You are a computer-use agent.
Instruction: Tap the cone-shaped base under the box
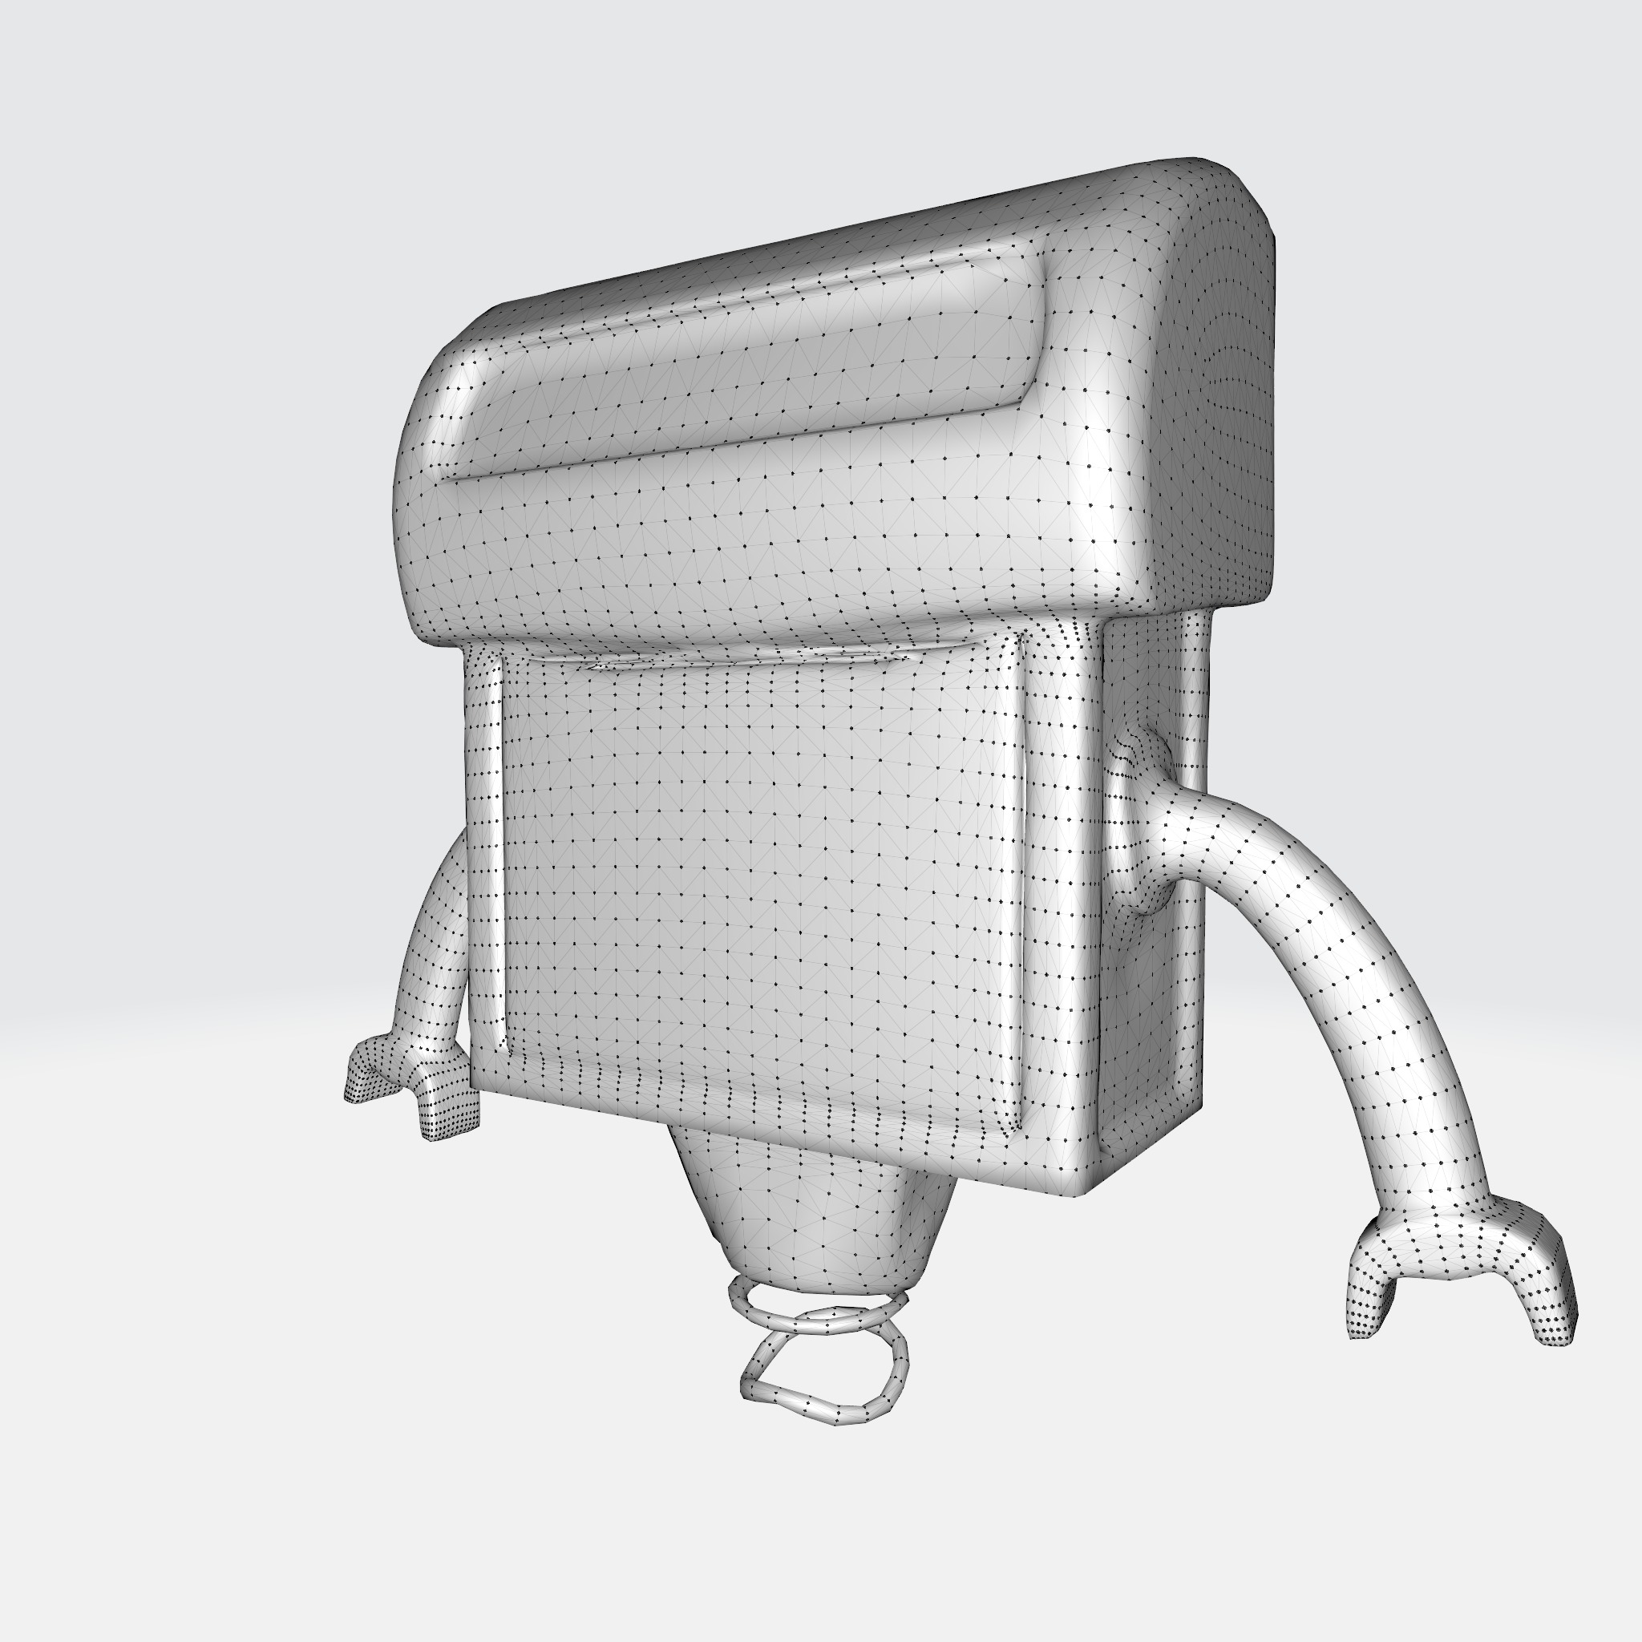point(807,1207)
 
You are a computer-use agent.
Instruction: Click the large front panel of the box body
point(756,892)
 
